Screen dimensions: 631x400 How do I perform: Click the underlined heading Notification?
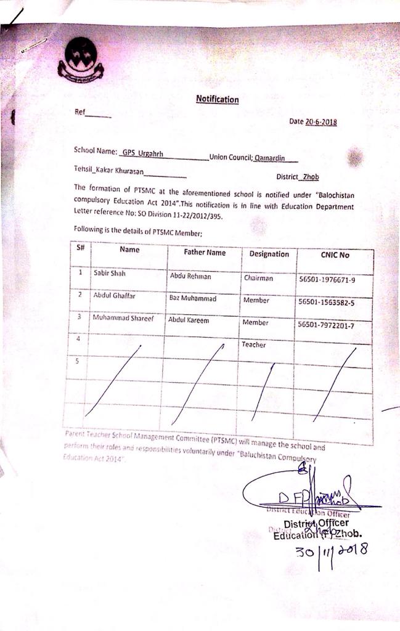point(217,99)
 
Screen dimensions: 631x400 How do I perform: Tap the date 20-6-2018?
point(320,122)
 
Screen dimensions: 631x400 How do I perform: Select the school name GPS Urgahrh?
point(143,152)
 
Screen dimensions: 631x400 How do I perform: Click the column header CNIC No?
point(335,254)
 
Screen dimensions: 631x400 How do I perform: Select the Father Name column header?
point(205,253)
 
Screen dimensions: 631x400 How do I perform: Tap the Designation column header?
point(269,254)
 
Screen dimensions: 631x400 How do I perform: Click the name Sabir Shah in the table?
point(109,273)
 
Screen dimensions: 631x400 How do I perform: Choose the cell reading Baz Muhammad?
point(192,298)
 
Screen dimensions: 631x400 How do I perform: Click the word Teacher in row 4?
point(254,345)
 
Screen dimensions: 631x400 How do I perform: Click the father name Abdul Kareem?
point(189,320)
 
